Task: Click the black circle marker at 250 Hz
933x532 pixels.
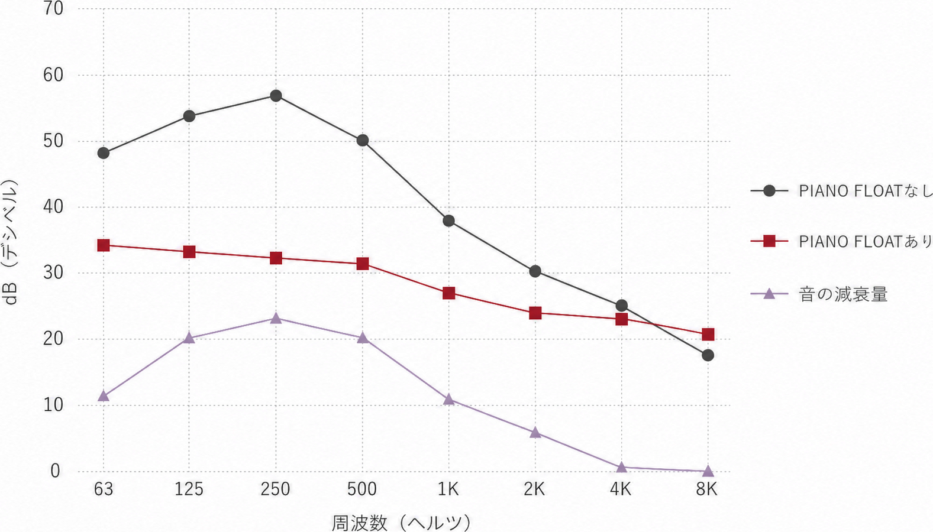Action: click(276, 96)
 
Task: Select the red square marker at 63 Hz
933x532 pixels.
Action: click(104, 245)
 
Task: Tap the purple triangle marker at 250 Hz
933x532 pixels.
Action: click(276, 319)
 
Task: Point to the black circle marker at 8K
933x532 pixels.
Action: click(708, 355)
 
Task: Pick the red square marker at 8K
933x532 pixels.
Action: click(708, 334)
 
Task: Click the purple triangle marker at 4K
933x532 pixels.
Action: click(621, 466)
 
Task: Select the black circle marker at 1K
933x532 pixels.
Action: click(448, 220)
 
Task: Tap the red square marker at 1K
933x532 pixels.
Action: click(448, 293)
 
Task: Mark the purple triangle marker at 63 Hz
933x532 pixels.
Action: click(104, 395)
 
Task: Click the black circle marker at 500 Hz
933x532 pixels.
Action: click(362, 140)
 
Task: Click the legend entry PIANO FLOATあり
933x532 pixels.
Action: click(841, 241)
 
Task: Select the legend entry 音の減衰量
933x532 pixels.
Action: click(819, 294)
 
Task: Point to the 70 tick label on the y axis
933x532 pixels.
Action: click(53, 9)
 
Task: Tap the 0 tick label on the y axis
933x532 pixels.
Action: click(56, 471)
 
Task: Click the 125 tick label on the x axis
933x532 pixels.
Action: click(189, 489)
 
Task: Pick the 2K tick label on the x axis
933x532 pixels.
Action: click(534, 489)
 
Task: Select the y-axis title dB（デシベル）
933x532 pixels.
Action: click(9, 242)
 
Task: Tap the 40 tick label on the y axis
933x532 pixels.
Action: click(53, 207)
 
